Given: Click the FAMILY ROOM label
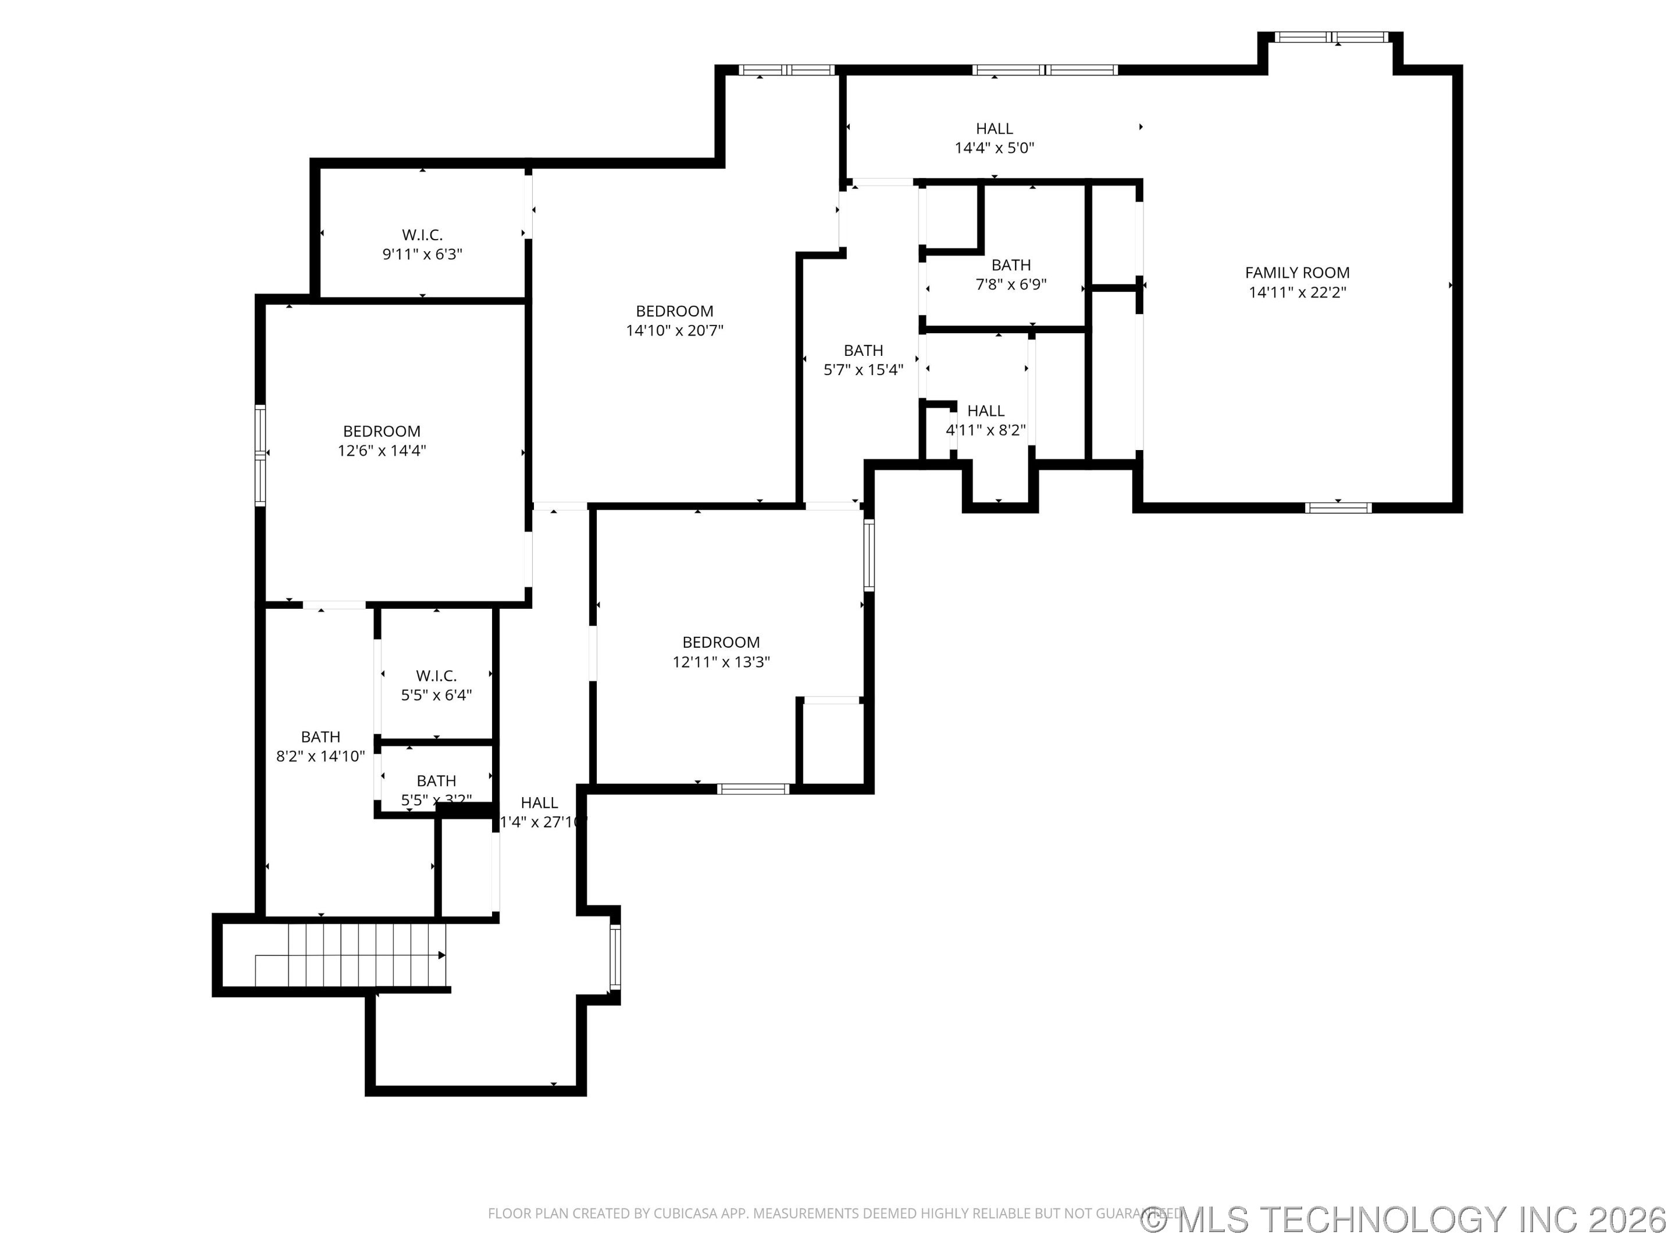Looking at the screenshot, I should (1296, 273).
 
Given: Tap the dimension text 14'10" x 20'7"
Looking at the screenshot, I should (674, 331).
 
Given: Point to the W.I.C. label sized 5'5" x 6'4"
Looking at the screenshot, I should (436, 675).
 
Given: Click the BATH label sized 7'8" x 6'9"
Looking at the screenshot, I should (1010, 265).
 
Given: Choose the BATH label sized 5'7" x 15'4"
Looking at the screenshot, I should (863, 351).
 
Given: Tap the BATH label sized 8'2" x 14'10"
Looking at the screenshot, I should (320, 737).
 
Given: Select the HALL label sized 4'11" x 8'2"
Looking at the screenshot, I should (985, 411).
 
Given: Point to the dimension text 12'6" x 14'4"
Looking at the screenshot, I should (382, 451).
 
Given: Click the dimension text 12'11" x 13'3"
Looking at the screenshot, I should (721, 662).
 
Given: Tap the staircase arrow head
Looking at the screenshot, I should (441, 955).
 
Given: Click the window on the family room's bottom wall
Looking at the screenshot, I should (1338, 507).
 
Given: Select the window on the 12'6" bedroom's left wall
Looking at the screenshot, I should (261, 454).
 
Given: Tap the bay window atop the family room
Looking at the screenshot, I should (1331, 36).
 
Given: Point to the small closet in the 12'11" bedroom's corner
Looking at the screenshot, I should (832, 742).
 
